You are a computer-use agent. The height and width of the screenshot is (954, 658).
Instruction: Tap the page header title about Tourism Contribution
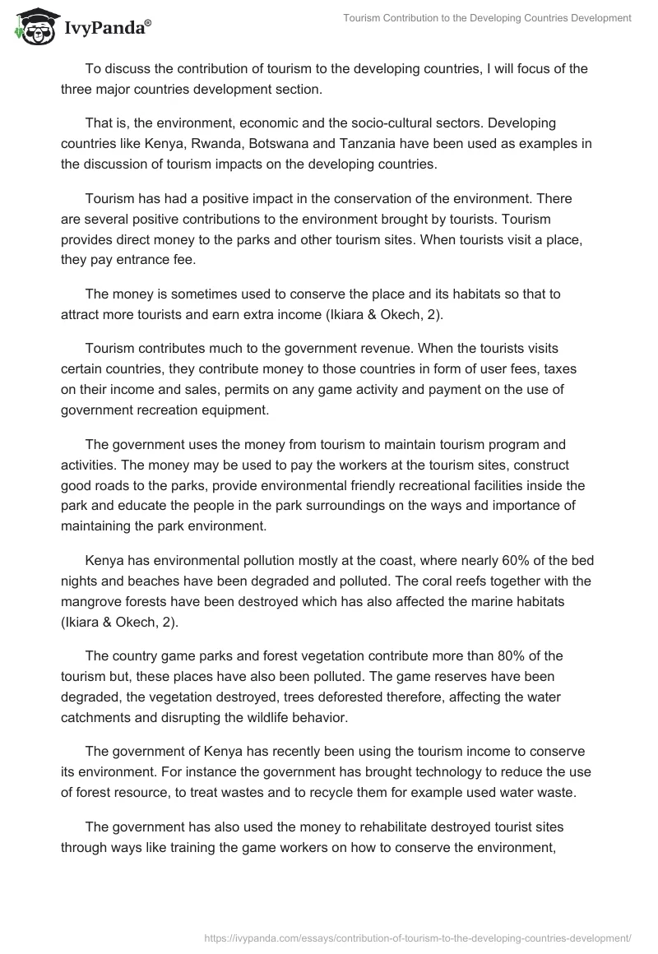click(486, 18)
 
